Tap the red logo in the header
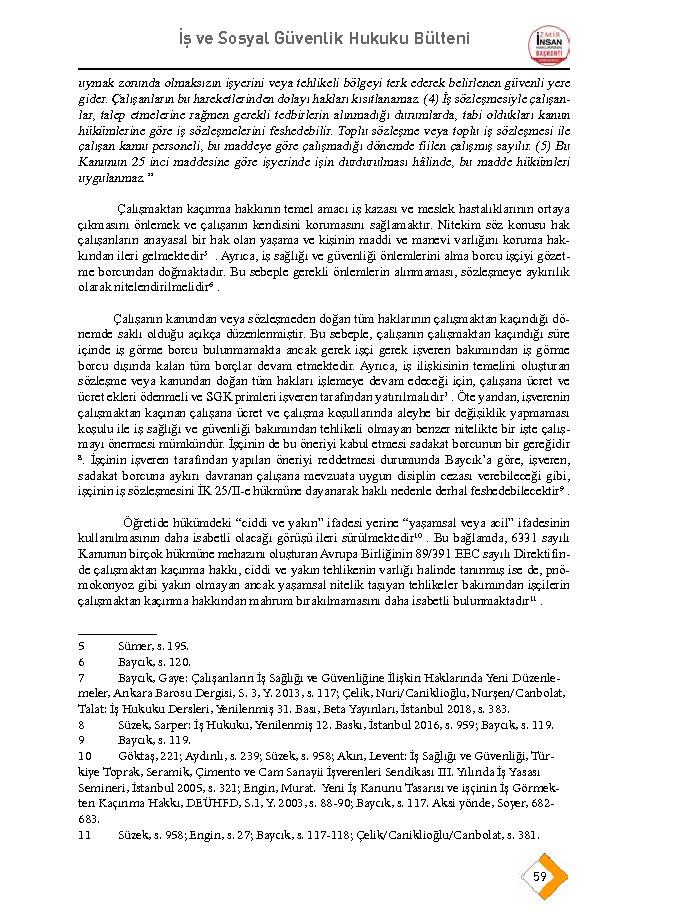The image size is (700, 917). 549,45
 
